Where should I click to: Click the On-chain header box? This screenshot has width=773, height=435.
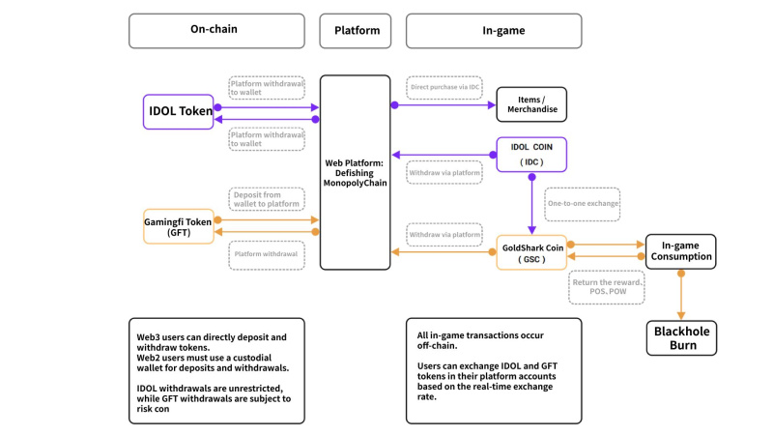pyautogui.click(x=215, y=31)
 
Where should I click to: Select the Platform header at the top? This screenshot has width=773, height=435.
pyautogui.click(x=356, y=31)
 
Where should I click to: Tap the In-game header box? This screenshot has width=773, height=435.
pyautogui.click(x=494, y=31)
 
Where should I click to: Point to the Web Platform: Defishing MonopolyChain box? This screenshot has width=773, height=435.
pyautogui.click(x=355, y=172)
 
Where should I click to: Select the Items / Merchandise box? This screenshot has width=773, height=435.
pyautogui.click(x=531, y=104)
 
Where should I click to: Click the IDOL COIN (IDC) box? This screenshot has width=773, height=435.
pyautogui.click(x=531, y=155)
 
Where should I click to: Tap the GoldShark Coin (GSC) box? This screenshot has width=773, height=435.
pyautogui.click(x=531, y=252)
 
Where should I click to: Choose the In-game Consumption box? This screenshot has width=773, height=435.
pyautogui.click(x=680, y=251)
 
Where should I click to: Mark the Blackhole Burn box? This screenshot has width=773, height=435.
pyautogui.click(x=680, y=337)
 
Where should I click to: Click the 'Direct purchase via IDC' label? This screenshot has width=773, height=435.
pyautogui.click(x=444, y=87)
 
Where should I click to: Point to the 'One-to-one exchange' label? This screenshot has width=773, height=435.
pyautogui.click(x=582, y=204)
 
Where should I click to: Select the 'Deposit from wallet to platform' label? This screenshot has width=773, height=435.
pyautogui.click(x=267, y=199)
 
